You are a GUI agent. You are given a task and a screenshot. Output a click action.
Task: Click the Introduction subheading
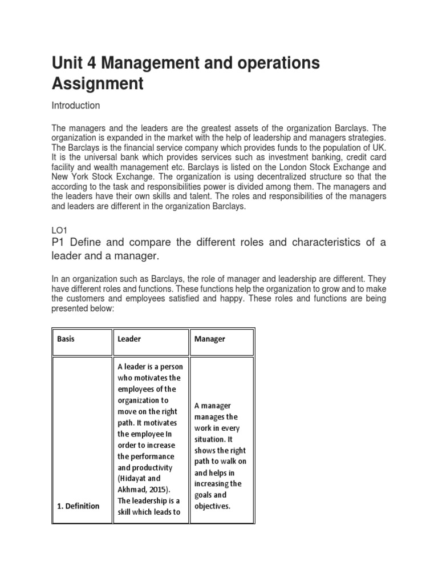[x=76, y=106]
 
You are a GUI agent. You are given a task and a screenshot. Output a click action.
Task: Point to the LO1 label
[x=59, y=229]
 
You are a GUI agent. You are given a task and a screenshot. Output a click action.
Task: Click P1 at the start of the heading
[x=59, y=243]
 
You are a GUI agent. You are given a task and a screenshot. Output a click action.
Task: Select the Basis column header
[x=66, y=339]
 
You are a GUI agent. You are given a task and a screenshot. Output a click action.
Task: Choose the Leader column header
[x=129, y=339]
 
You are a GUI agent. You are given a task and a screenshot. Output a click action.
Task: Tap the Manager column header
[x=210, y=339]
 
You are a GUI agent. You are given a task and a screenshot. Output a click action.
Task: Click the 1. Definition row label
[x=78, y=506]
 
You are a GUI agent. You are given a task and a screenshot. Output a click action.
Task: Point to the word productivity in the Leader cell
[x=144, y=467]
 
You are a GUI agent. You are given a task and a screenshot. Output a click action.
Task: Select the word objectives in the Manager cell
[x=212, y=506]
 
